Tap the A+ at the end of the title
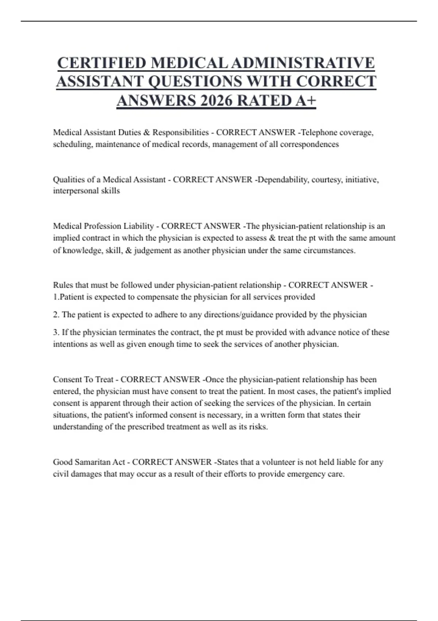pyautogui.click(x=305, y=101)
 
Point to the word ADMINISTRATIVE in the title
pyautogui.click(x=303, y=63)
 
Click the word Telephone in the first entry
pyautogui.click(x=318, y=132)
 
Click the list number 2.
pyautogui.click(x=56, y=315)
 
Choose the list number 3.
pyautogui.click(x=56, y=332)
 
